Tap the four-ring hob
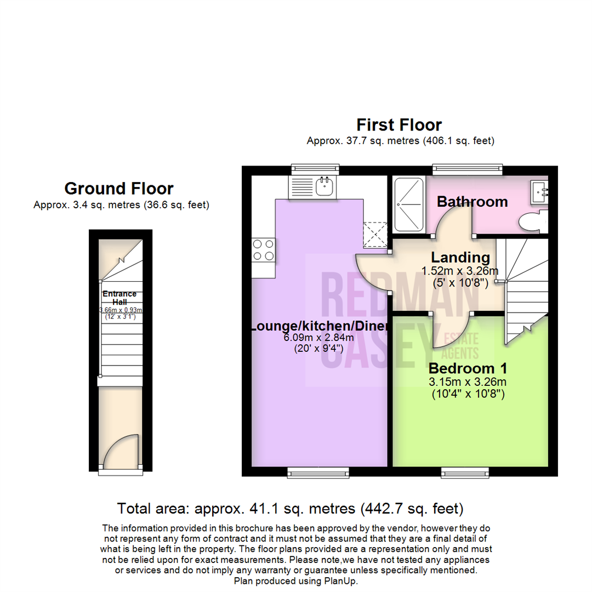pyautogui.click(x=263, y=250)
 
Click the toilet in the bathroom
pyautogui.click(x=531, y=223)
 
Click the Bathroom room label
pyautogui.click(x=472, y=202)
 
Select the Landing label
pyautogui.click(x=460, y=257)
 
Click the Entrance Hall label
pyautogui.click(x=120, y=298)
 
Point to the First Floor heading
pyautogui.click(x=399, y=125)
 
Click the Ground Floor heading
pyautogui.click(x=119, y=189)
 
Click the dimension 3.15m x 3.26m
pyautogui.click(x=468, y=381)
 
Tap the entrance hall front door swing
pyautogui.click(x=117, y=451)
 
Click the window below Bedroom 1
pyautogui.click(x=465, y=472)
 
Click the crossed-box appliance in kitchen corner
pyautogui.click(x=375, y=235)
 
